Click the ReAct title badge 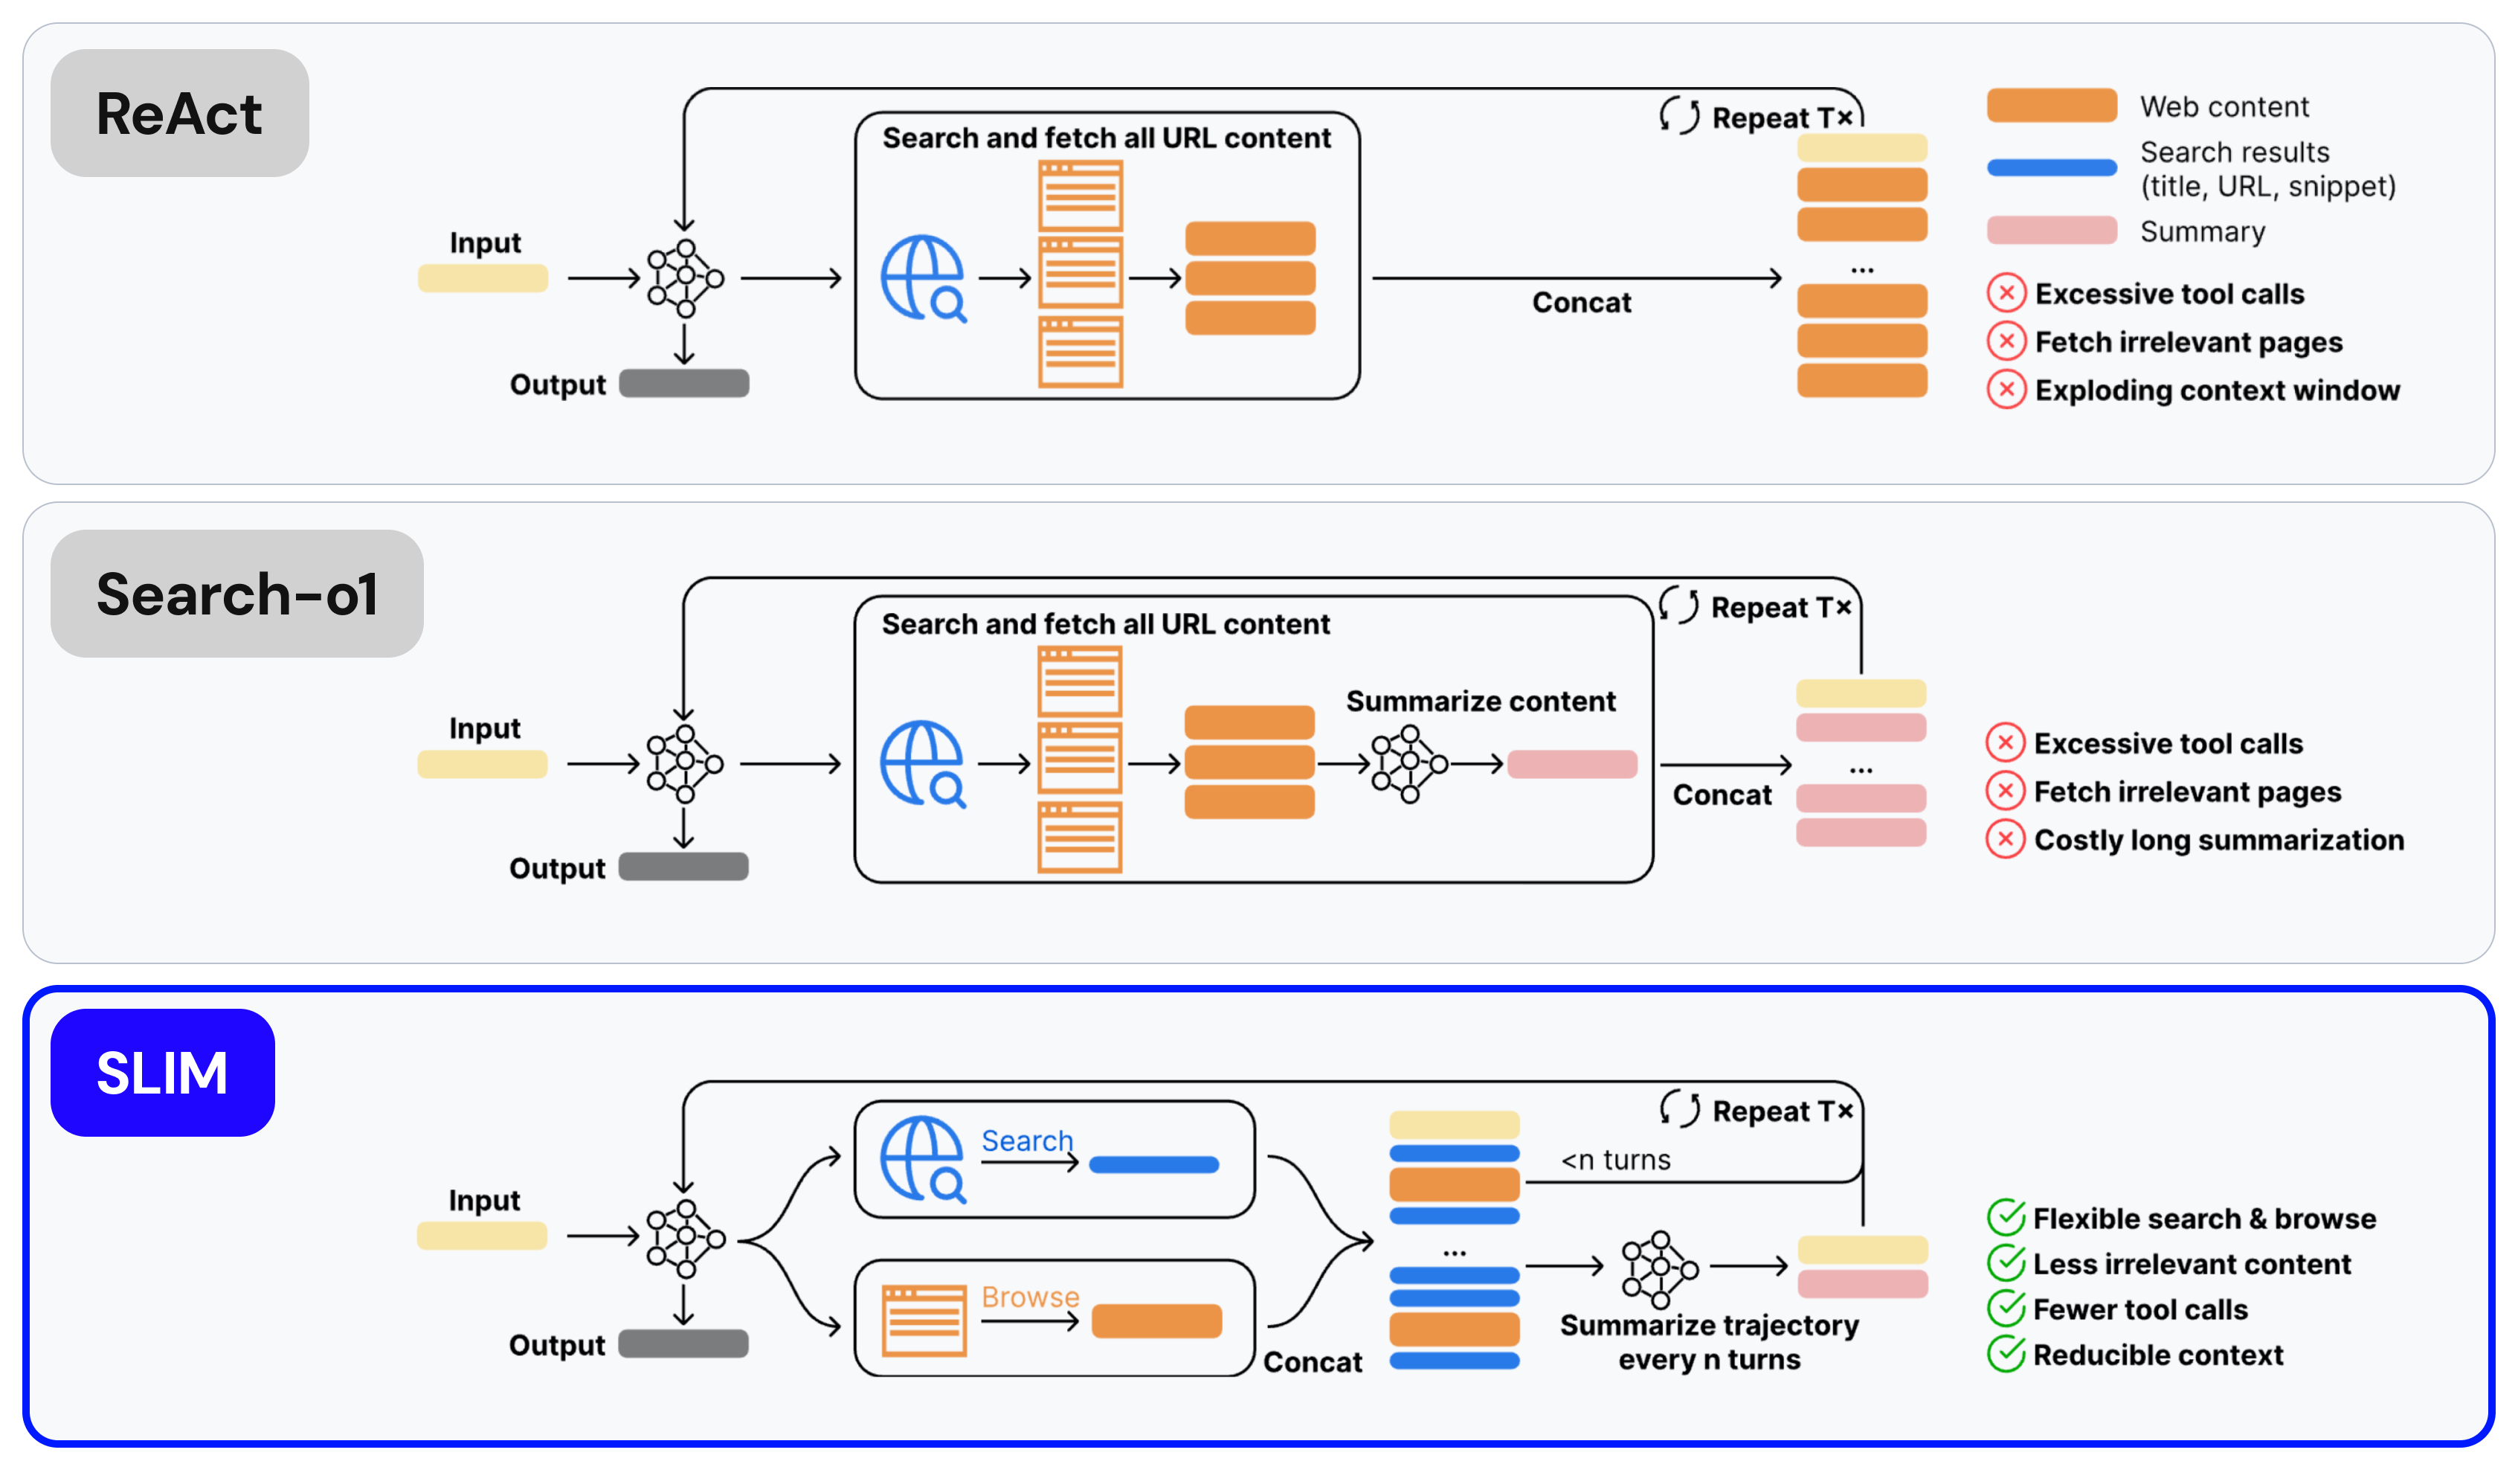pos(180,113)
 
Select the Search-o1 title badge pos(236,594)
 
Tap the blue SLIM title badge pos(162,1072)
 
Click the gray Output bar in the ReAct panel pos(683,384)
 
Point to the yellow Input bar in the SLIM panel pos(482,1236)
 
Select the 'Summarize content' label pos(1480,702)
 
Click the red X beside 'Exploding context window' pos(2006,390)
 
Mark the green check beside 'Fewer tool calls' pos(2006,1308)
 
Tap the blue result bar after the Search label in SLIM pos(1154,1164)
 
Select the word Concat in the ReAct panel pos(1582,302)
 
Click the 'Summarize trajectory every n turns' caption pos(1709,1342)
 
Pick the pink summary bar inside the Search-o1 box pos(1572,765)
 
